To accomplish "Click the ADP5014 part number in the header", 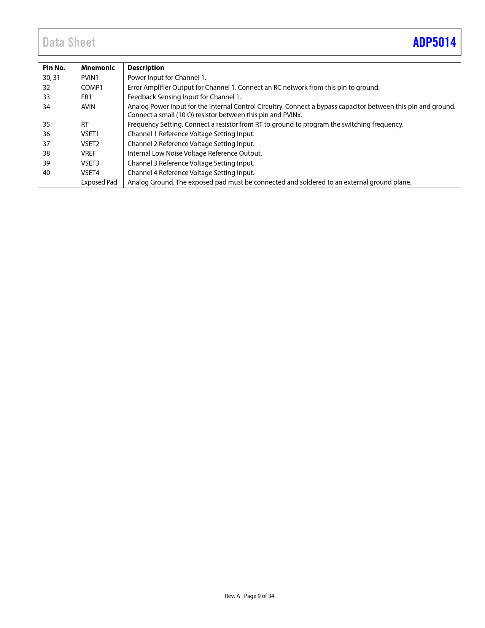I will pos(434,42).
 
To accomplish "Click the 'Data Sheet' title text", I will pos(69,42).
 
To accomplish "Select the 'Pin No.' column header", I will pos(54,68).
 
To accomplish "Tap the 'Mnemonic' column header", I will pos(98,68).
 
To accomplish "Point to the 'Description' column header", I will pos(146,68).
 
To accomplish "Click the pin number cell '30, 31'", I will pos(51,78).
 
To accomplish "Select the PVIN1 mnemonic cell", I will pos(90,78).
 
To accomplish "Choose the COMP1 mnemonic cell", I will pos(92,88).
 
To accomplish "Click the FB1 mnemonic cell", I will pos(86,97).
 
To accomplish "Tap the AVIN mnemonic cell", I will pos(88,107).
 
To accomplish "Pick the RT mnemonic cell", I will pos(85,124).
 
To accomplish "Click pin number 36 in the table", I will pos(46,134).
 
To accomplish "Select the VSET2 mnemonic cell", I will pos(90,144).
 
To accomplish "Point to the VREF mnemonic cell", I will pos(88,153).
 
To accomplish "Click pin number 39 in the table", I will pos(46,163).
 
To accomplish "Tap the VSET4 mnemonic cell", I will pos(90,173).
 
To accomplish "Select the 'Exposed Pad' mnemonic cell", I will pos(99,182).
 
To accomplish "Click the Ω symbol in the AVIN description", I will pos(189,115).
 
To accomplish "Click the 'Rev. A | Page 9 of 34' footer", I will pos(249,596).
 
